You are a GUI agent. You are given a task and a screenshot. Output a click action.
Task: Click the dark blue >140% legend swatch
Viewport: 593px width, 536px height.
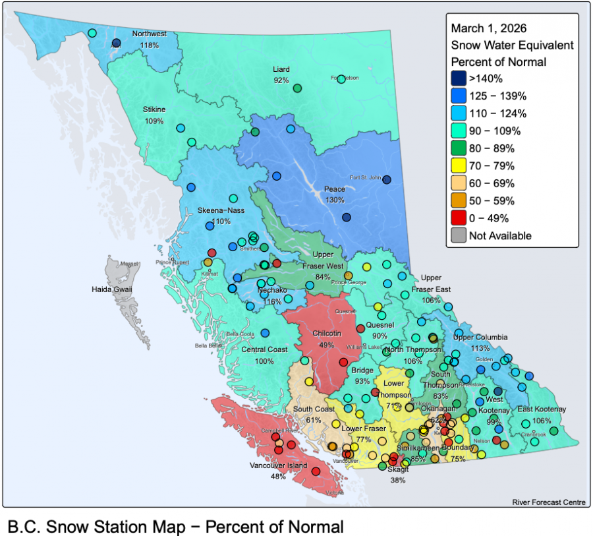coord(459,78)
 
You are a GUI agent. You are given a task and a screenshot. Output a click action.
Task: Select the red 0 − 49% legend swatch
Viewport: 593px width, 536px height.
coord(459,218)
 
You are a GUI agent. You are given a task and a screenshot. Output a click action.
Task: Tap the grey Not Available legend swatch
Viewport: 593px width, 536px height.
coord(459,235)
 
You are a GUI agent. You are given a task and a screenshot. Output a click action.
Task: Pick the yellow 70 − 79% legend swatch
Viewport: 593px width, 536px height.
coord(459,165)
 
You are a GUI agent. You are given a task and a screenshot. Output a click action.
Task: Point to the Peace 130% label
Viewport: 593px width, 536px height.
coord(334,194)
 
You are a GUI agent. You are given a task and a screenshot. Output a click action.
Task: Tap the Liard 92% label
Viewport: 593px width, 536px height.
coord(281,74)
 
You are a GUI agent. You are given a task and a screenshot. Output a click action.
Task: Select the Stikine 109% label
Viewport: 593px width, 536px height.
coord(154,115)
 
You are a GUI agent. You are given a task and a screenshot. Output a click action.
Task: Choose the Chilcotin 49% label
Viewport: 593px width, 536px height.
coord(325,339)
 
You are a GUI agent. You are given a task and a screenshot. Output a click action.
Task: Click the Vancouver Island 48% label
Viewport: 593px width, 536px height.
coord(277,471)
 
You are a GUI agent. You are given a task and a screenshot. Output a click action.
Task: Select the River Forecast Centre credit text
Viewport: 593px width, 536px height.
coord(548,502)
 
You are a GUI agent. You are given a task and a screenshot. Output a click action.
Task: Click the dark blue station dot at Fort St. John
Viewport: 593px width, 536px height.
coord(387,180)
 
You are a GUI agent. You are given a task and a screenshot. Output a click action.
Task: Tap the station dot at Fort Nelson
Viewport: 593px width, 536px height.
coord(341,79)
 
